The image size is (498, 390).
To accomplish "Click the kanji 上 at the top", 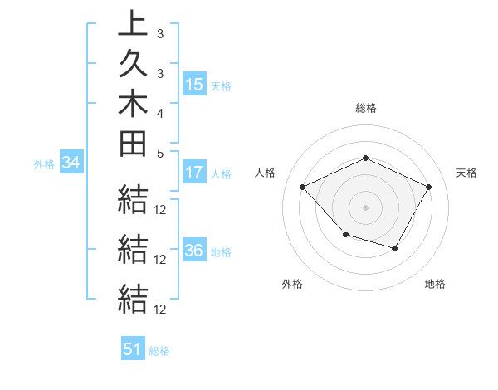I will (x=133, y=25).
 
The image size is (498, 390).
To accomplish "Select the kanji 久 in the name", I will (x=133, y=65).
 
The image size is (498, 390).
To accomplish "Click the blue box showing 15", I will (x=194, y=85).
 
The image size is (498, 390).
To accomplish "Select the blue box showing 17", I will (x=194, y=173).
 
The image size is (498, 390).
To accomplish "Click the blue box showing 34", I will (x=71, y=163).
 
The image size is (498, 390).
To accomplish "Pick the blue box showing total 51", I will (x=133, y=349).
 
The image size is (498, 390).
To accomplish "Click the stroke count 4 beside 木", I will (x=160, y=112).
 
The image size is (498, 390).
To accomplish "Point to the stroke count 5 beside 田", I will (x=160, y=152).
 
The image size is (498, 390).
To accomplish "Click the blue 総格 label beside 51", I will (x=159, y=351).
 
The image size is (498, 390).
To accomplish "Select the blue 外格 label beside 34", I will (x=44, y=164).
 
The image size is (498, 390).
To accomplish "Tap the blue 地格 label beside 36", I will (x=221, y=252).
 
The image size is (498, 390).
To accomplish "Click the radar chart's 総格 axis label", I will (x=366, y=108).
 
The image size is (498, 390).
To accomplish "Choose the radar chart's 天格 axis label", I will (x=467, y=173).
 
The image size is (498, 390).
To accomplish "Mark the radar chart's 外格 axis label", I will (x=292, y=284).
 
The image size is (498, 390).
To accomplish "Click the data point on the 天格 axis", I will (x=428, y=188).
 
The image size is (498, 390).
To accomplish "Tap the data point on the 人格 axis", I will (x=303, y=188).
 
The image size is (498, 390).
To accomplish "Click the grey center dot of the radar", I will (x=365, y=207).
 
